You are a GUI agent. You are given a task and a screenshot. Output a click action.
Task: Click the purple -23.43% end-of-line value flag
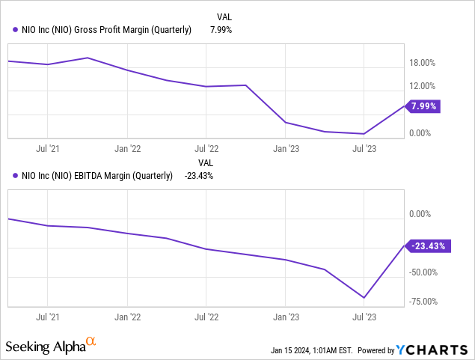(428, 245)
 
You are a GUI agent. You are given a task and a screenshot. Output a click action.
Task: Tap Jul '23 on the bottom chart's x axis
(365, 316)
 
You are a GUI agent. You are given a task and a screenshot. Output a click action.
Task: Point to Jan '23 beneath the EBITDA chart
(286, 316)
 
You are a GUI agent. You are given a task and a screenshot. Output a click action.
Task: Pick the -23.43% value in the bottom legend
(198, 177)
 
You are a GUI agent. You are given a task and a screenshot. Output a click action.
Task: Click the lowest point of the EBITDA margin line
(364, 298)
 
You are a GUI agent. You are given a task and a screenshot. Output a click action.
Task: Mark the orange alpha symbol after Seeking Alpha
(91, 342)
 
